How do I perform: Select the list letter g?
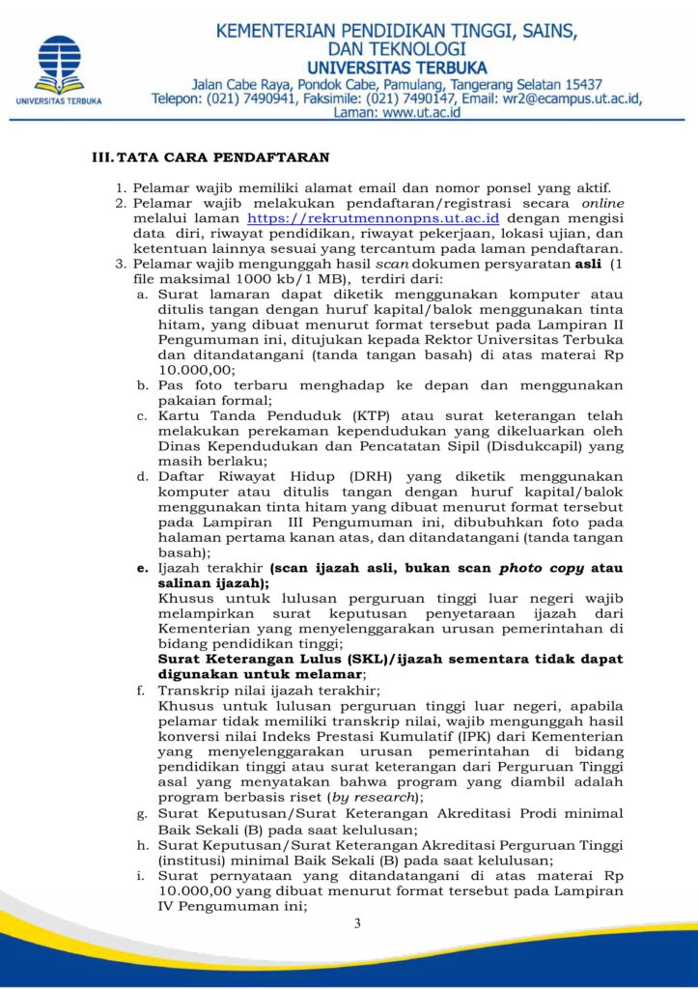click(x=143, y=813)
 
